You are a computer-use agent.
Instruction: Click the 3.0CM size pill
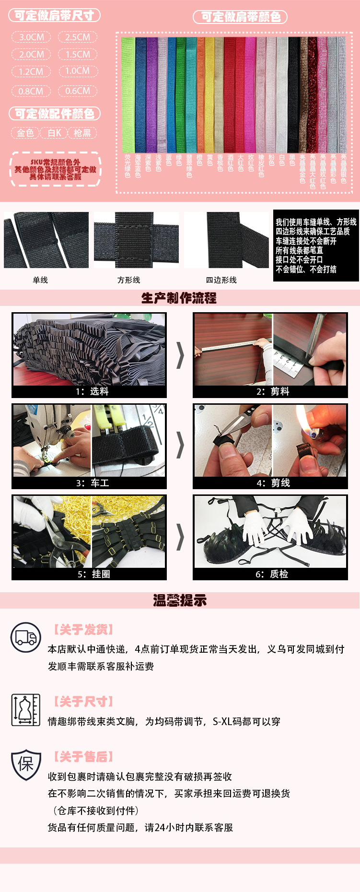click(x=32, y=37)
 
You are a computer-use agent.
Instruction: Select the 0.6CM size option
click(x=78, y=91)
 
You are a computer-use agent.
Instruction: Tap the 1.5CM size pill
click(x=78, y=54)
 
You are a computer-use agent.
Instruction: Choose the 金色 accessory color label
click(x=25, y=133)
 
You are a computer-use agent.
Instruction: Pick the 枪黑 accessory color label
click(x=82, y=133)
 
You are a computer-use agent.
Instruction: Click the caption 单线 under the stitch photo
click(x=40, y=280)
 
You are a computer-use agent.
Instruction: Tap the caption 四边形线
click(x=221, y=280)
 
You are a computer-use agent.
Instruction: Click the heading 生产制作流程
click(x=179, y=298)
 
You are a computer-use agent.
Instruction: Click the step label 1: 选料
click(x=92, y=391)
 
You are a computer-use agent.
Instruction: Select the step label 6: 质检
click(x=272, y=574)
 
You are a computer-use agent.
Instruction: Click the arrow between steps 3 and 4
click(x=180, y=446)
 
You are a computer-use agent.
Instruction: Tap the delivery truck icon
click(x=26, y=637)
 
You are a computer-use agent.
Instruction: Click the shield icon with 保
click(x=26, y=764)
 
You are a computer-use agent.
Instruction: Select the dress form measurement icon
click(x=26, y=710)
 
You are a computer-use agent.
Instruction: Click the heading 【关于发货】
click(x=83, y=630)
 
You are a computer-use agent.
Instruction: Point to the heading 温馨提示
click(x=180, y=600)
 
